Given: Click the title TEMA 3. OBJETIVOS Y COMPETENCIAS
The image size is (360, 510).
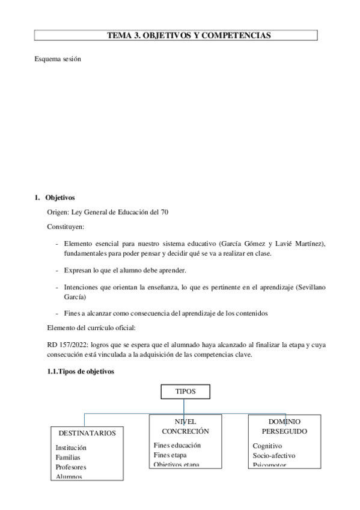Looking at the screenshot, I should pyautogui.click(x=189, y=35).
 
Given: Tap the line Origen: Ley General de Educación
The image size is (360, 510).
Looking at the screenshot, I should pyautogui.click(x=112, y=212).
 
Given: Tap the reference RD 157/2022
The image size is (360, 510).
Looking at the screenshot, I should pyautogui.click(x=60, y=345).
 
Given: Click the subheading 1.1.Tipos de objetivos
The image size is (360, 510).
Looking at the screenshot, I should pyautogui.click(x=80, y=371).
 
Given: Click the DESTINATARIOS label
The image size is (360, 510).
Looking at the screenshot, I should pyautogui.click(x=87, y=432).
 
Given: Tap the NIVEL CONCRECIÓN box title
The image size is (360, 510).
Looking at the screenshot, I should pyautogui.click(x=185, y=426).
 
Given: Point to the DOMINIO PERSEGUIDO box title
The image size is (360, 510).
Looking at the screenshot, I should pyautogui.click(x=284, y=426).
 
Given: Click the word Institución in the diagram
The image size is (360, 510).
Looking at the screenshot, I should pyautogui.click(x=71, y=447).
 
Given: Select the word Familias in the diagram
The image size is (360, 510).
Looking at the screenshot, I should pyautogui.click(x=68, y=457).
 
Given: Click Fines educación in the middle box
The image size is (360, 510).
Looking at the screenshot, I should pyautogui.click(x=177, y=445).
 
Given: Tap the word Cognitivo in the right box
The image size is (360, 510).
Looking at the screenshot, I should pyautogui.click(x=267, y=446).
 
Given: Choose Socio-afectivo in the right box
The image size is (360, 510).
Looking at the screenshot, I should pyautogui.click(x=274, y=455).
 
